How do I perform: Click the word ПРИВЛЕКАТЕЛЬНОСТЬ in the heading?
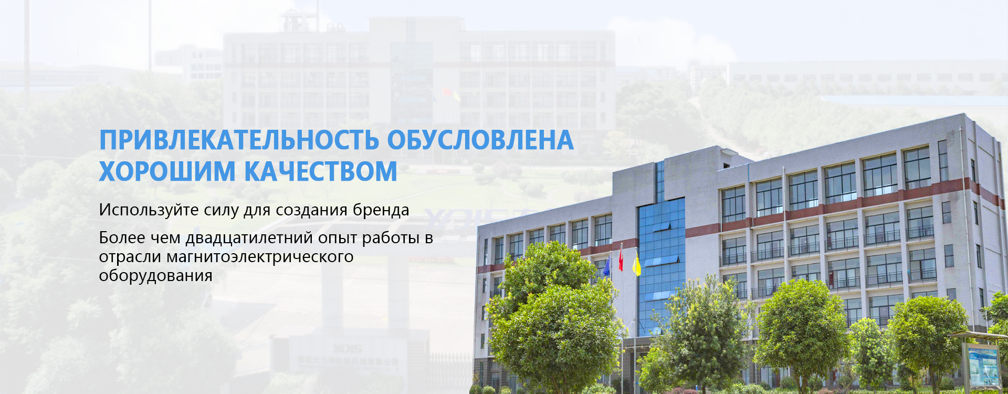pyautogui.click(x=239, y=140)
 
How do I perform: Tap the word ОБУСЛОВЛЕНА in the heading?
pyautogui.click(x=480, y=140)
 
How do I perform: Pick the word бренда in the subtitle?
pyautogui.click(x=381, y=210)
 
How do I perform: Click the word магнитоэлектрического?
pyautogui.click(x=260, y=257)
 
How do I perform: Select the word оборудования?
pyautogui.click(x=155, y=275)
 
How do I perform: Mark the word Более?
pyautogui.click(x=122, y=238)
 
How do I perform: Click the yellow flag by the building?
pyautogui.click(x=636, y=265)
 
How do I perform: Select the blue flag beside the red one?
pyautogui.click(x=607, y=265)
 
